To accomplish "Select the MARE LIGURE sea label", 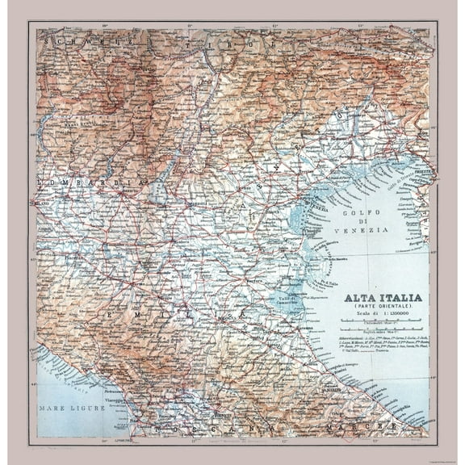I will [x=72, y=408].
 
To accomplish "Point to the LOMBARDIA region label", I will [x=77, y=183].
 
